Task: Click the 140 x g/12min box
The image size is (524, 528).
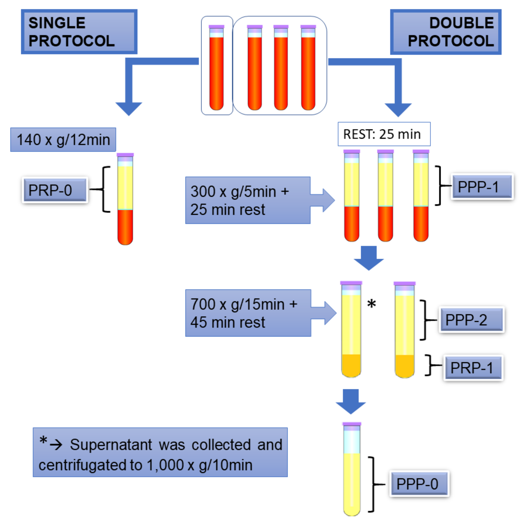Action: (63, 140)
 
